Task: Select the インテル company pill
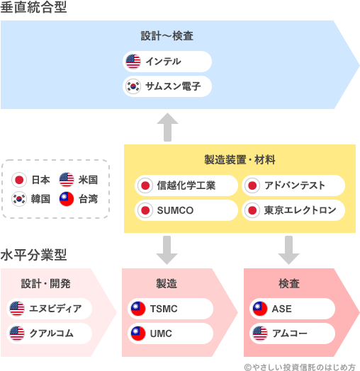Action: pos(167,62)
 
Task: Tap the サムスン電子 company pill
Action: pos(167,86)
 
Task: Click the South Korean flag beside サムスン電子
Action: pos(133,86)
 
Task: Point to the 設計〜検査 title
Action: pos(167,36)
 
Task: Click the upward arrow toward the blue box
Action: pos(167,127)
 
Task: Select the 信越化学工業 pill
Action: pos(186,185)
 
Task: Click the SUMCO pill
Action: pos(186,210)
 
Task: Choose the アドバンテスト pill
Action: pos(293,185)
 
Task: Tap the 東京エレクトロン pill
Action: pos(293,210)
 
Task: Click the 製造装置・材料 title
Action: pos(240,159)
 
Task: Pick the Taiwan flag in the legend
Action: pos(66,199)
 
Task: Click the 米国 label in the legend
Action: pos(88,179)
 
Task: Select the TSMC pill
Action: pos(171,309)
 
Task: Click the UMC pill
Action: pos(171,333)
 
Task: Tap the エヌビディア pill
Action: pos(50,309)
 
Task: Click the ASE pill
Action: pos(293,309)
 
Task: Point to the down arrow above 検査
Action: pos(289,249)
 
